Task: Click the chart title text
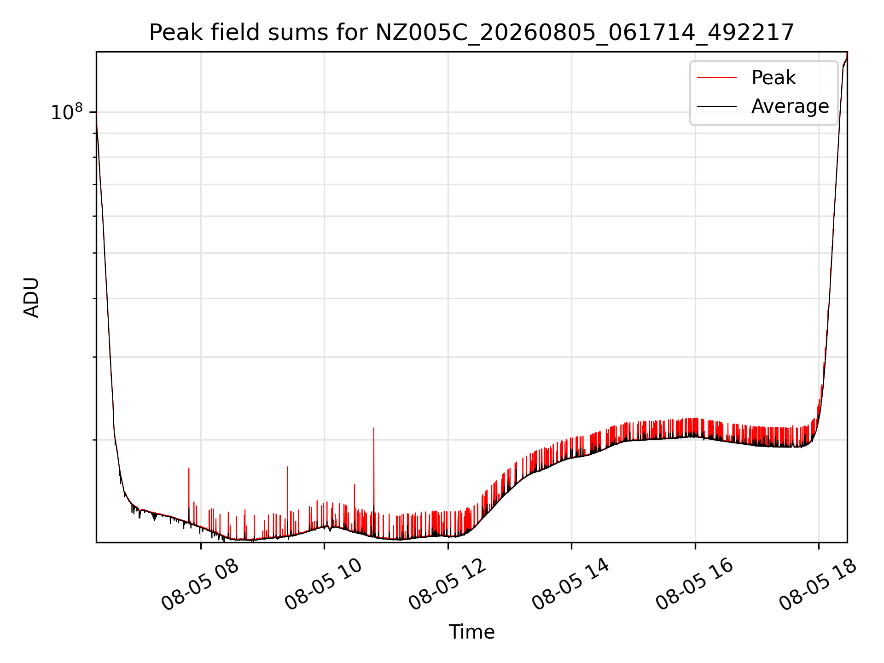coord(471,33)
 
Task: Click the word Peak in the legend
coord(773,77)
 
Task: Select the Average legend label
coord(790,106)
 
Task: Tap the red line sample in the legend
coord(717,77)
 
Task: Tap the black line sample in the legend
coord(717,106)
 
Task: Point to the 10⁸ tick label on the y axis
coord(67,112)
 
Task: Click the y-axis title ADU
coord(31,297)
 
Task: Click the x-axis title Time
coord(471,632)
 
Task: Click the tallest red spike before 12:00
coord(374,428)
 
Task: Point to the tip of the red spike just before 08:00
coord(189,468)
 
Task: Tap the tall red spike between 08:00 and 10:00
coord(288,467)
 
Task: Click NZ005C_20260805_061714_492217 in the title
coord(585,33)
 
